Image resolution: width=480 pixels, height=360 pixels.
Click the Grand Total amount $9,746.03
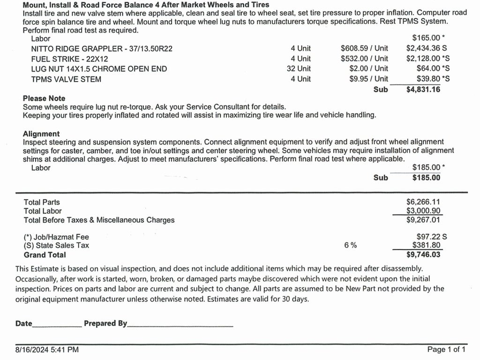pyautogui.click(x=423, y=255)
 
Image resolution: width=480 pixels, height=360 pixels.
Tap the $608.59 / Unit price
pyautogui.click(x=364, y=48)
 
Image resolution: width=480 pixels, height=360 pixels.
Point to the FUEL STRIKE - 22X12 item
pyautogui.click(x=70, y=59)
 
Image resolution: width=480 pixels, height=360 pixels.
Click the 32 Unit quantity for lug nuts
pyautogui.click(x=299, y=69)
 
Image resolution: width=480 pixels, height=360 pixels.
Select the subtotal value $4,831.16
pyautogui.click(x=423, y=90)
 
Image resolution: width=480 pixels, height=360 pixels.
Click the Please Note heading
pyautogui.click(x=44, y=98)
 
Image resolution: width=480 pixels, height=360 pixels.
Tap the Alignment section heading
pyautogui.click(x=41, y=134)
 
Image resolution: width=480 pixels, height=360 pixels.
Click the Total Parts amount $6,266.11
pyautogui.click(x=423, y=202)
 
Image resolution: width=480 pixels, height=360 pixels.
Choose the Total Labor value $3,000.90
pyautogui.click(x=423, y=211)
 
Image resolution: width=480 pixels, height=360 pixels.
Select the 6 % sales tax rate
pyautogui.click(x=350, y=245)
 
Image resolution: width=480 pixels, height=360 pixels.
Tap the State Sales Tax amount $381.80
pyautogui.click(x=426, y=245)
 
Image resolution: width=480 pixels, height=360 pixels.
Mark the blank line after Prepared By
pyautogui.click(x=180, y=324)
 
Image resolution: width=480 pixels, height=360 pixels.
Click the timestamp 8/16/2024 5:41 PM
pyautogui.click(x=47, y=350)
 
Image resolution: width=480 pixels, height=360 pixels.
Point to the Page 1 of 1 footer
pyautogui.click(x=446, y=350)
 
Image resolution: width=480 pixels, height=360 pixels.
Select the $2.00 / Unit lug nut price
pyautogui.click(x=368, y=69)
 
